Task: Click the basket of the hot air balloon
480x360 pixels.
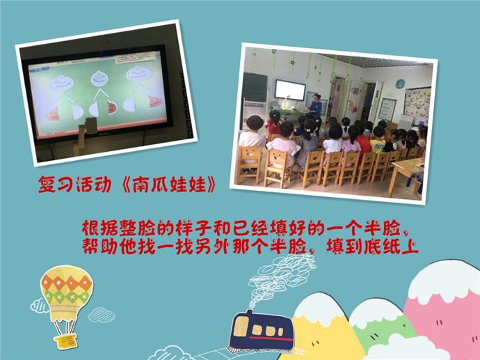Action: [x=65, y=341]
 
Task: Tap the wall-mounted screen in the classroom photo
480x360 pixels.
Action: [x=290, y=90]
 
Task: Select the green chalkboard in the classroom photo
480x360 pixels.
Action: [x=255, y=87]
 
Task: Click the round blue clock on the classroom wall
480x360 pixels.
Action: [x=400, y=84]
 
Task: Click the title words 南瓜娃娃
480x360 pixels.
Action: [x=169, y=185]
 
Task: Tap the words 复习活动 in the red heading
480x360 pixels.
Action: [x=74, y=185]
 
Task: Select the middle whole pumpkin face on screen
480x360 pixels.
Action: [x=99, y=78]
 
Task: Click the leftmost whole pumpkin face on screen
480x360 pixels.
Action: [x=61, y=83]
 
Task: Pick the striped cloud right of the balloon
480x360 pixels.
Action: [x=102, y=315]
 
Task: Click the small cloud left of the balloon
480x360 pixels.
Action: [x=38, y=306]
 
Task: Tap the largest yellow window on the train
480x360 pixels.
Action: [x=241, y=327]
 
